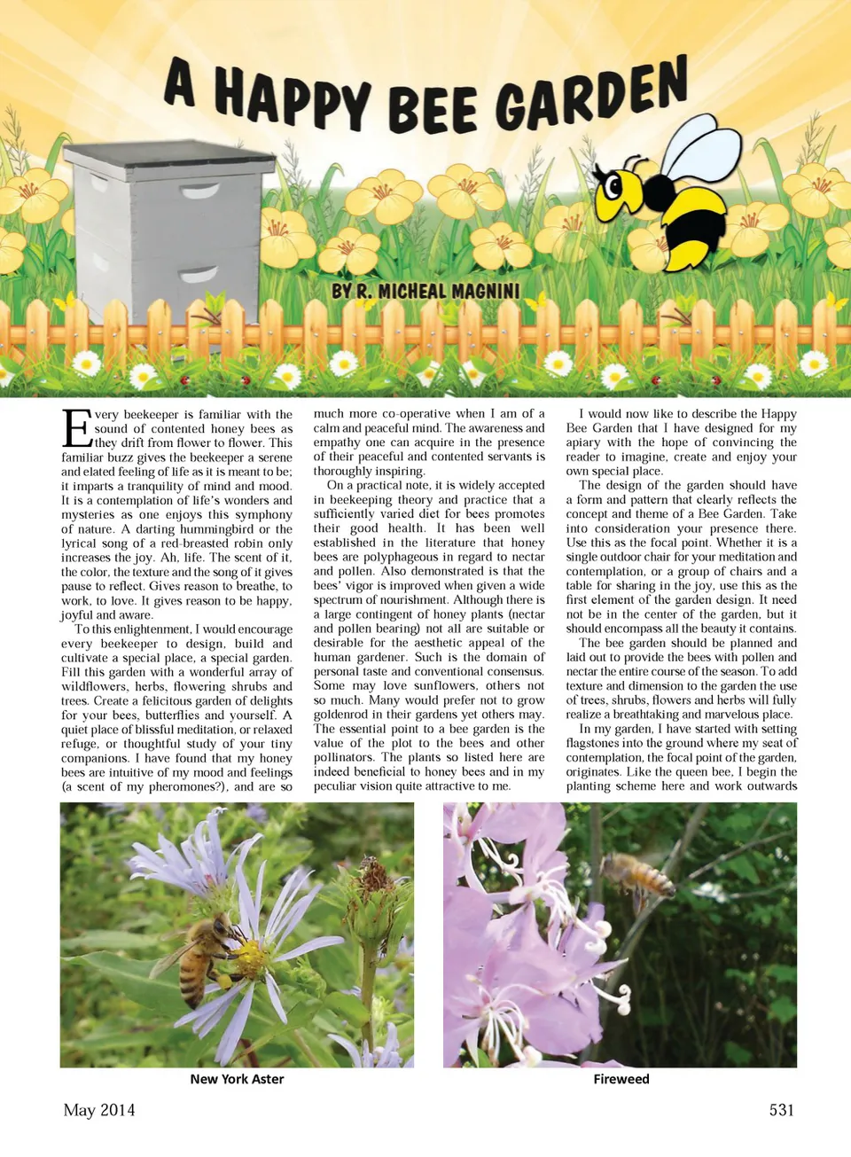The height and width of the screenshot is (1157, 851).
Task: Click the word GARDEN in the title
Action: pyautogui.click(x=591, y=95)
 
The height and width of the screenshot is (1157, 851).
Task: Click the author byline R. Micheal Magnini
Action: pyautogui.click(x=425, y=292)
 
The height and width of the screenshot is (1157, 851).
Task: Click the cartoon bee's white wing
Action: pyautogui.click(x=701, y=151)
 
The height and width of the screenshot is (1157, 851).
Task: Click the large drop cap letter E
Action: pyautogui.click(x=77, y=428)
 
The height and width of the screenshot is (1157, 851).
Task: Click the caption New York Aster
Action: pyautogui.click(x=237, y=1079)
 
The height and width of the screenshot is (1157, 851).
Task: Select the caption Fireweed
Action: pyautogui.click(x=621, y=1079)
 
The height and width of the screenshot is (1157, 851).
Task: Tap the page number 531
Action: pyautogui.click(x=781, y=1110)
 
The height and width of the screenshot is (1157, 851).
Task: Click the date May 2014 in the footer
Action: pyautogui.click(x=99, y=1110)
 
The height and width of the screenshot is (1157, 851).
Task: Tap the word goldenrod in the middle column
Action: pyautogui.click(x=344, y=715)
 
